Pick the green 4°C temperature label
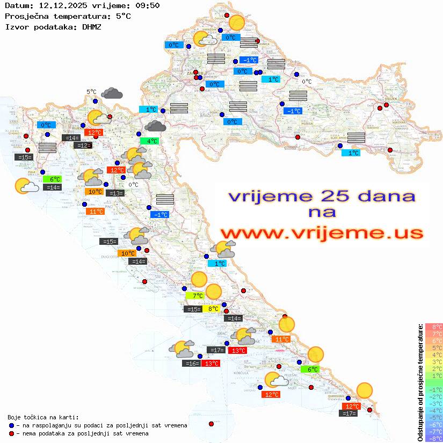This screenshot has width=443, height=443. pos(149,141)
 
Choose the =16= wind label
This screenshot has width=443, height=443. pos(192,364)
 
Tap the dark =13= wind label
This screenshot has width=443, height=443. pos(114,193)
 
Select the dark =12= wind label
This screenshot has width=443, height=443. pos(83,146)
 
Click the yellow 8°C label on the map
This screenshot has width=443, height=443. pos(213,309)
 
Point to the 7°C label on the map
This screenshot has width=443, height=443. pos(195,295)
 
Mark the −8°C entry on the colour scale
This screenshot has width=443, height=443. pos(434,439)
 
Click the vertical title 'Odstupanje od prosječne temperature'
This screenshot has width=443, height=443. pos(420,382)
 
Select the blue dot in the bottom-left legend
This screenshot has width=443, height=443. pos(11,425)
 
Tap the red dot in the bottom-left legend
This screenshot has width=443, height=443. pos(11,433)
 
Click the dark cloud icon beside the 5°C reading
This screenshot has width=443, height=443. pos(112,93)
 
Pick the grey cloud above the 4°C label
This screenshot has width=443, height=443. pos(155,126)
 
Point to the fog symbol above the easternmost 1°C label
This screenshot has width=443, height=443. pos(356,137)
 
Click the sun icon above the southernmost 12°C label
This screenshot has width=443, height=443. pos(365,390)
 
